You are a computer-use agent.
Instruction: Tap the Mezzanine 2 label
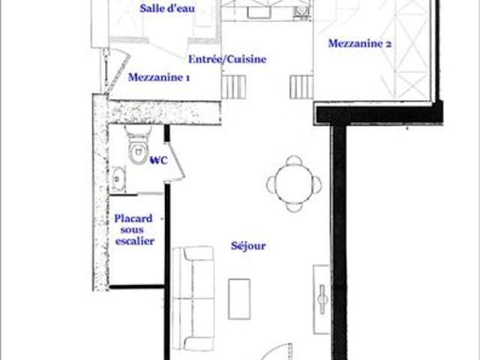click(361, 43)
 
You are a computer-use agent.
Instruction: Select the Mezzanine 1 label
click(159, 77)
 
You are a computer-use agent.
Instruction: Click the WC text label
click(159, 160)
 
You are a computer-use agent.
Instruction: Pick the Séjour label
click(250, 245)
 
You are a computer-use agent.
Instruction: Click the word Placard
click(133, 218)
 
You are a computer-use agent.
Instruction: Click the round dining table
click(294, 184)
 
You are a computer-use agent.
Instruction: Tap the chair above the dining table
click(294, 161)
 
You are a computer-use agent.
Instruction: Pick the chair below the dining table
click(294, 206)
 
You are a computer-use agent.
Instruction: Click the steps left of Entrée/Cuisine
click(229, 86)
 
